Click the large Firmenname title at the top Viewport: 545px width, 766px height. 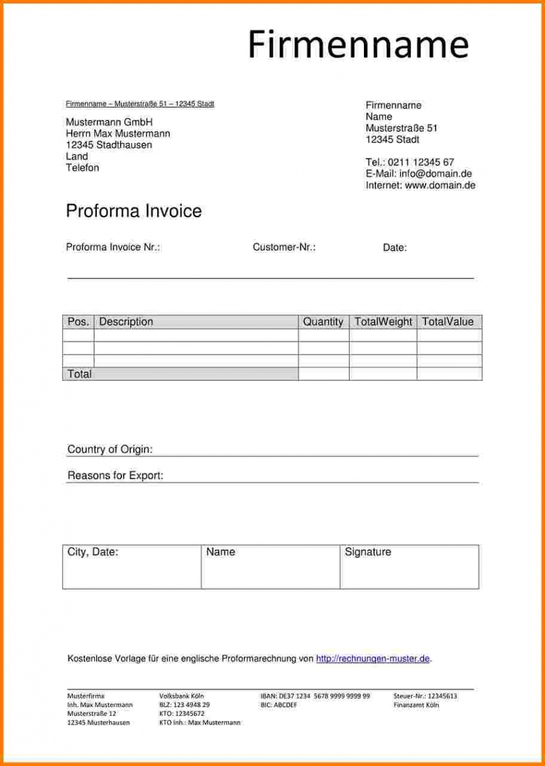pyautogui.click(x=358, y=45)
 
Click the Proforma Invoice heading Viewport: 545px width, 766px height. pyautogui.click(x=134, y=211)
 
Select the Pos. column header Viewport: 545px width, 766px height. pyautogui.click(x=78, y=321)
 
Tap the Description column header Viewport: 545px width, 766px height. pyautogui.click(x=126, y=321)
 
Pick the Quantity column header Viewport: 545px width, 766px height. pyautogui.click(x=323, y=321)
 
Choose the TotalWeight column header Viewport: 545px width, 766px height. pyautogui.click(x=383, y=321)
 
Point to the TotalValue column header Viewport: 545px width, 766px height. pyautogui.click(x=448, y=321)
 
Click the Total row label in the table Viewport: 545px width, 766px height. pyautogui.click(x=80, y=374)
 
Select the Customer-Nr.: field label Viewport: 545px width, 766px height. pyautogui.click(x=284, y=247)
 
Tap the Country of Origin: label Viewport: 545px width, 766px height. pyautogui.click(x=110, y=450)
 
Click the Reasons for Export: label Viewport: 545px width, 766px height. pyautogui.click(x=115, y=475)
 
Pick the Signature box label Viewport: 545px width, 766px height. pyautogui.click(x=368, y=552)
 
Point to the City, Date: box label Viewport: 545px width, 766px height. pyautogui.click(x=93, y=552)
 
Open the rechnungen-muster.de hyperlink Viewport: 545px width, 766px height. pyautogui.click(x=373, y=659)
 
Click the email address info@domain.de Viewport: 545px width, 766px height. pyautogui.click(x=436, y=174)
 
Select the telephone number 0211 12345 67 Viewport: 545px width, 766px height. pyautogui.click(x=421, y=163)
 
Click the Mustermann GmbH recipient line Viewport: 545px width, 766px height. pyautogui.click(x=109, y=122)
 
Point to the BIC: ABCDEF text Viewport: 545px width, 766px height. pyautogui.click(x=278, y=705)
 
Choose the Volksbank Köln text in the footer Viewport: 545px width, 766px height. pyautogui.click(x=182, y=696)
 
